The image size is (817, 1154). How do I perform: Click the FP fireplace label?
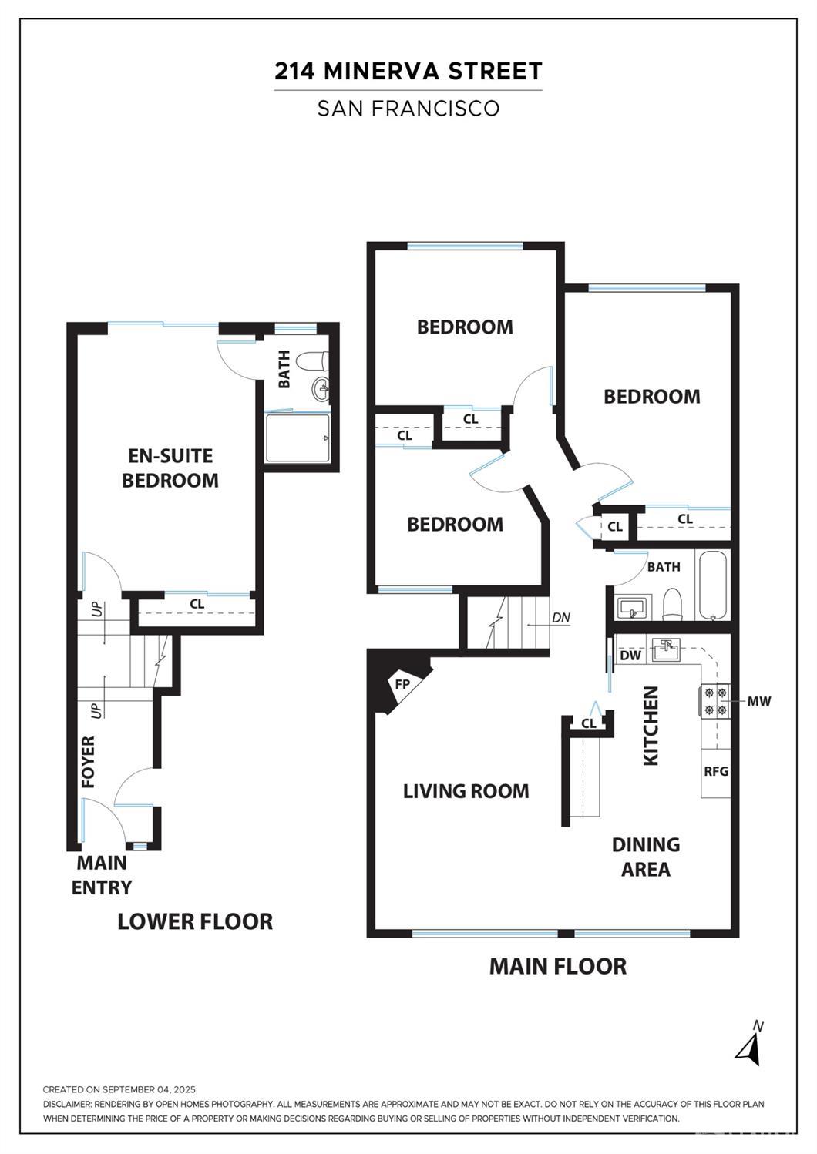pos(402,685)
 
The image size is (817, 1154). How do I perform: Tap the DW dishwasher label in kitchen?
pos(630,656)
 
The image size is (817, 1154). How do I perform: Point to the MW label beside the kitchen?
pos(758,701)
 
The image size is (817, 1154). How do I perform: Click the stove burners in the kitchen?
pos(716,702)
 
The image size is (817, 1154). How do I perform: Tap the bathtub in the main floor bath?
pos(713,585)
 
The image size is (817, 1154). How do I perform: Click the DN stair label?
pos(561,617)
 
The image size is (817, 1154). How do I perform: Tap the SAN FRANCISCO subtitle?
pos(408,108)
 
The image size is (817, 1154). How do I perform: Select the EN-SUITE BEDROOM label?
pos(170,468)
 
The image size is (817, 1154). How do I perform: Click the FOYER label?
pos(89,762)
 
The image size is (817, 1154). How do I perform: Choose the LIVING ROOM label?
pos(466,791)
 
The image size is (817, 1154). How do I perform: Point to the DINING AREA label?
pos(646,857)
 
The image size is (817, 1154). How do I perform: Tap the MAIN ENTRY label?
pos(102,875)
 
